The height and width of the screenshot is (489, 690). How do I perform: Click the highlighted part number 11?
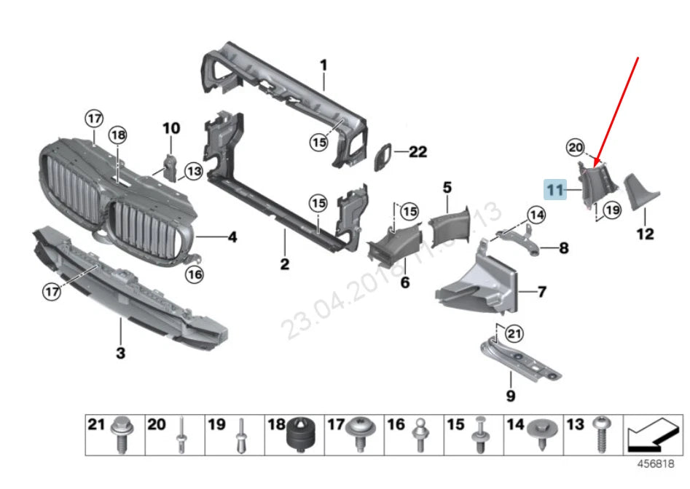tap(556, 191)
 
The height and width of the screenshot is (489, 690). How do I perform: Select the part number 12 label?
tap(645, 234)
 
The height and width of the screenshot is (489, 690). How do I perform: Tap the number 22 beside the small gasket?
tap(417, 152)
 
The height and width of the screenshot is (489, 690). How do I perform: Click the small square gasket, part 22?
tap(384, 156)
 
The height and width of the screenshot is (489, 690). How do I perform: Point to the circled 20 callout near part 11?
tap(576, 148)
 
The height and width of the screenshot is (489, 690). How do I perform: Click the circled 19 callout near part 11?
tap(611, 210)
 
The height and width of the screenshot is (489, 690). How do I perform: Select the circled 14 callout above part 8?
tap(536, 215)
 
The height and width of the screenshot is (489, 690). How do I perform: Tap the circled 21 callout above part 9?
tap(514, 334)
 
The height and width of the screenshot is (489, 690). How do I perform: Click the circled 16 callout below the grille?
tap(194, 274)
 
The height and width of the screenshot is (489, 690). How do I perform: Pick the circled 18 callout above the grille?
tap(118, 135)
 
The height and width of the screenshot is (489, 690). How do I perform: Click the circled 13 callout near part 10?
tap(192, 170)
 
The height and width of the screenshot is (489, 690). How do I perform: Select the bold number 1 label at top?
tap(323, 66)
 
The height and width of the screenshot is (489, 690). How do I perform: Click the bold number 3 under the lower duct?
tap(121, 354)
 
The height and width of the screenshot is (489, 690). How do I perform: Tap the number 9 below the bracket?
tap(510, 396)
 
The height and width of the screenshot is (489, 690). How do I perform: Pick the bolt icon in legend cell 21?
tap(121, 437)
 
